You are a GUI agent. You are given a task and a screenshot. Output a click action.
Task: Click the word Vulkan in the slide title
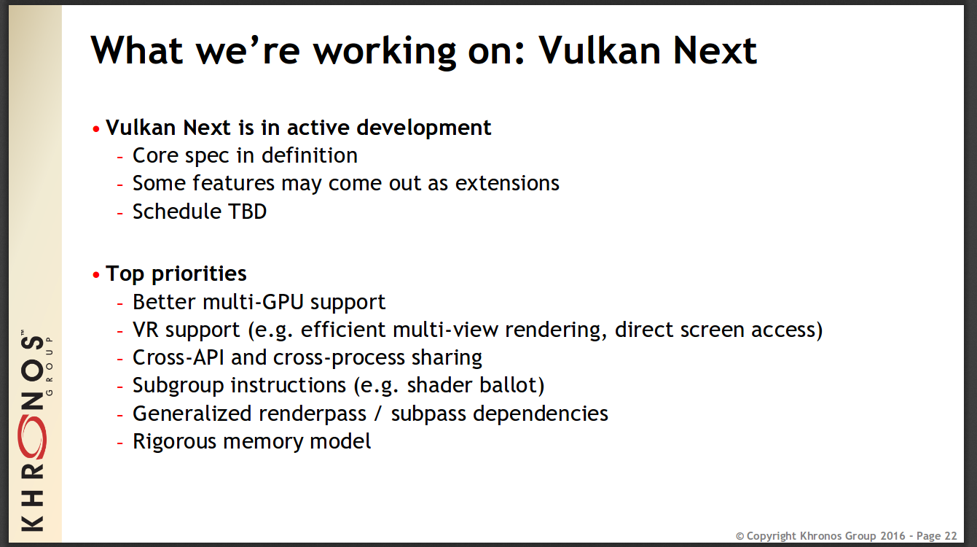(600, 50)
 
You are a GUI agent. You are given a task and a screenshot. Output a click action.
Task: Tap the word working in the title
(385, 52)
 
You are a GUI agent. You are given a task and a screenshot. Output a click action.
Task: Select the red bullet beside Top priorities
(96, 275)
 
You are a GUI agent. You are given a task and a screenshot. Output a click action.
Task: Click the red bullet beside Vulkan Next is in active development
(96, 129)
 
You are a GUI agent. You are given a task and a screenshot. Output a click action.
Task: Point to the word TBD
(247, 212)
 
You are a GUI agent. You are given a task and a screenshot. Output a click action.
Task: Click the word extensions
(507, 183)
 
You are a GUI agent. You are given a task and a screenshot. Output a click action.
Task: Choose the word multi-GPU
(253, 302)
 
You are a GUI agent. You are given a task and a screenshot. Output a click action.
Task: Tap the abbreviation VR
(146, 330)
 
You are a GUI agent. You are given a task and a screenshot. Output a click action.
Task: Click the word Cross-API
(178, 357)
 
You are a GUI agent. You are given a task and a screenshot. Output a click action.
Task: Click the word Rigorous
(174, 441)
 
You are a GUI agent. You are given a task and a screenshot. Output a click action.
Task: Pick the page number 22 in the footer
(951, 535)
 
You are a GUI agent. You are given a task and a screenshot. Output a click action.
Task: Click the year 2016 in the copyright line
(892, 535)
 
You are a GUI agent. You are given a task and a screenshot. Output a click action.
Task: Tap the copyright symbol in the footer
(740, 536)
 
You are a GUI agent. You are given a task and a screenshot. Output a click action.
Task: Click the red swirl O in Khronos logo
(32, 438)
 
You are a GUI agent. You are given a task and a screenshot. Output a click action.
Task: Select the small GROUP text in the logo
(50, 366)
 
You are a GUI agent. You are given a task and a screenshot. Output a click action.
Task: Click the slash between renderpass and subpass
(378, 414)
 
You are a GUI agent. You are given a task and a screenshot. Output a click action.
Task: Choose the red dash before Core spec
(120, 157)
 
